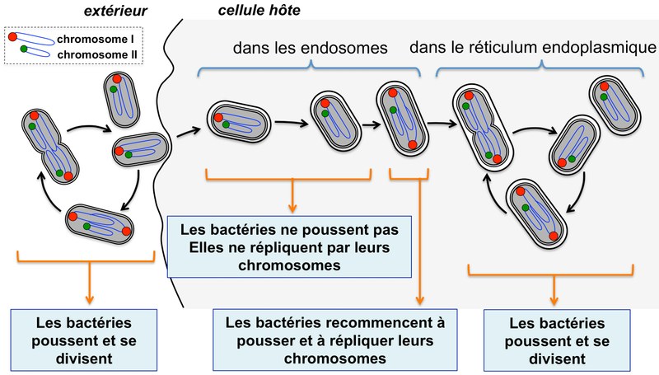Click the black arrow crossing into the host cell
tap(186, 129)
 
